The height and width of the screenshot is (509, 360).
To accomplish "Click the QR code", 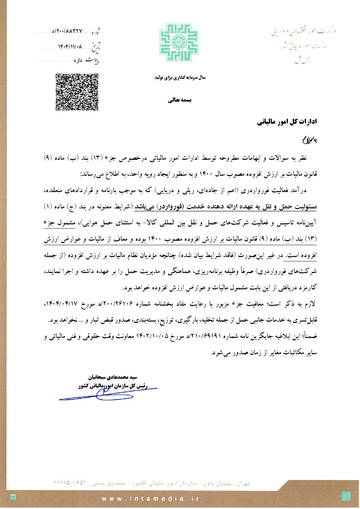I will point(77,92).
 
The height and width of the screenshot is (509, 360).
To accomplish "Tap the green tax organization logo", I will point(179,42).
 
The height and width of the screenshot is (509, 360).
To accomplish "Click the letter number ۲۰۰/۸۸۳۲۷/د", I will point(67,31).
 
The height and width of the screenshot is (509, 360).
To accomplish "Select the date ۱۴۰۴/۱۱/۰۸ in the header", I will point(70,46).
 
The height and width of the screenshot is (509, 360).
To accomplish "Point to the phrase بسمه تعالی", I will point(180,100).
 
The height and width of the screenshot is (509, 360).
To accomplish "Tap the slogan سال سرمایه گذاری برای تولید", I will point(180,78).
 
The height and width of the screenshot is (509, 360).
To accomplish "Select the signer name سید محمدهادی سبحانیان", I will point(113,377).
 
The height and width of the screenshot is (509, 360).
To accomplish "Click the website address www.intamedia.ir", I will point(150,499).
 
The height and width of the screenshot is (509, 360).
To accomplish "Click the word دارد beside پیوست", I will point(78,61).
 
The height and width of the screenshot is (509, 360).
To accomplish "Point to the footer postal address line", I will point(151,483).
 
